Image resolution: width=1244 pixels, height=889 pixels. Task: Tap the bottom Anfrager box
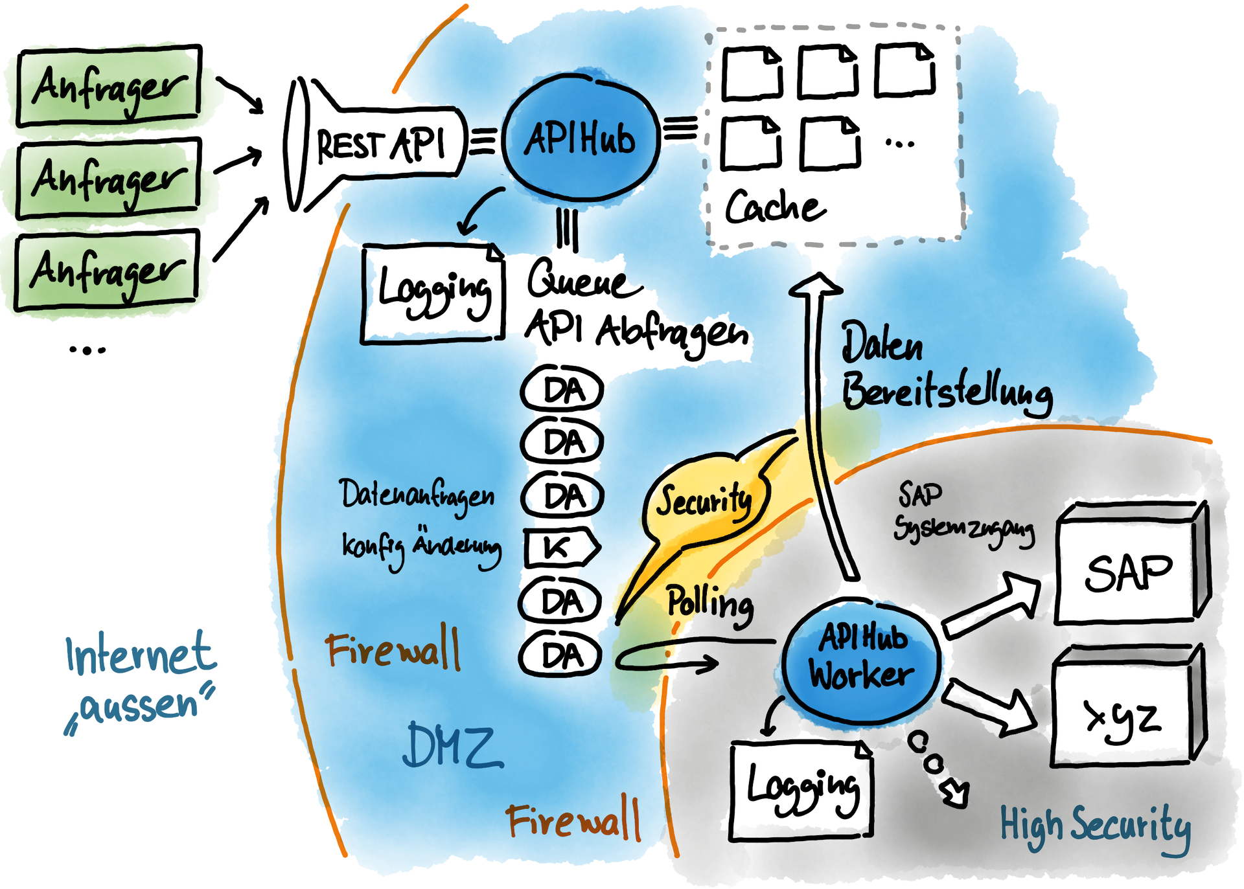coord(107,273)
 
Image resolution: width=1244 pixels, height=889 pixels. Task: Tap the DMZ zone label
coord(452,746)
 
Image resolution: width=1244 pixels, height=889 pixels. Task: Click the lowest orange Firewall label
coord(573,820)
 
